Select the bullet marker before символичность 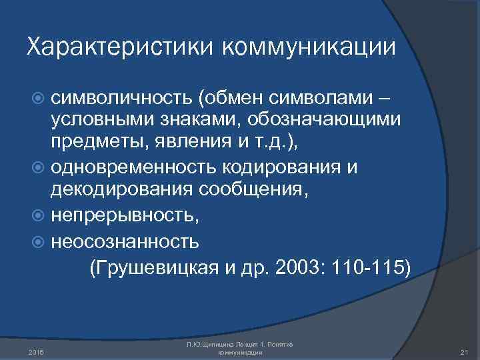point(39,99)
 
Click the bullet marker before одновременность point(39,167)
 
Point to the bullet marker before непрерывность point(39,217)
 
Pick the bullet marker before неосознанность point(39,242)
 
